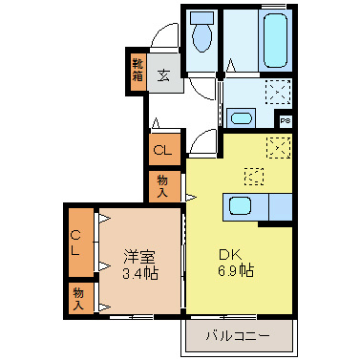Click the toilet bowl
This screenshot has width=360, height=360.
(202, 39)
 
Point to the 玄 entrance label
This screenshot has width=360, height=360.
(164, 74)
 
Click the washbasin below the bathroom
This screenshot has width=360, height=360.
(240, 118)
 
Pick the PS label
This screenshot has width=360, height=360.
(285, 120)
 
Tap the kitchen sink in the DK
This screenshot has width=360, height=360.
(239, 206)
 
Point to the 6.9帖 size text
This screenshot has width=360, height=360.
(233, 271)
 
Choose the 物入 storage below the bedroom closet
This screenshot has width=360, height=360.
(78, 298)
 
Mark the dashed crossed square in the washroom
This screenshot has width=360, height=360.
(279, 93)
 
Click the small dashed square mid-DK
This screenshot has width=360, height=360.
(254, 176)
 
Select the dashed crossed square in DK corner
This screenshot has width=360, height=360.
(279, 147)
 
